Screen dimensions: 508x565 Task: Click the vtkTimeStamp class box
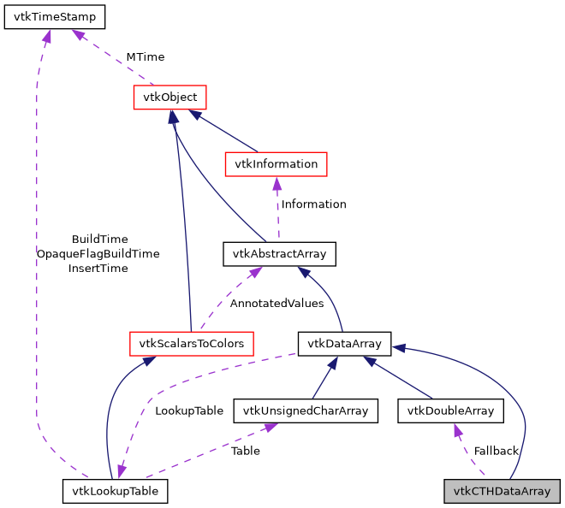(x=55, y=17)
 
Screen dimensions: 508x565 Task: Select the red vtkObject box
(x=170, y=97)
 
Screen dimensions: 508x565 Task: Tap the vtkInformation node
(x=276, y=163)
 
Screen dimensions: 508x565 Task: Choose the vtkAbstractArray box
(x=279, y=254)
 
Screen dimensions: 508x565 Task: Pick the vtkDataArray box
(x=344, y=344)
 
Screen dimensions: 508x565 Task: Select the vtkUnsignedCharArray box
(x=306, y=411)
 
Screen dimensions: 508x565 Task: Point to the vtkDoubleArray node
(x=450, y=411)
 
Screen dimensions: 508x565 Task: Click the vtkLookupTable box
(x=115, y=491)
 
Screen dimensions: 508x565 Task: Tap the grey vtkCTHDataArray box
(x=502, y=491)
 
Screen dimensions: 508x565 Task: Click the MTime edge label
(x=145, y=56)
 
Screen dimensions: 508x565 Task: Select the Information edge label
(x=313, y=204)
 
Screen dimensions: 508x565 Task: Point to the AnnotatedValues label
(x=277, y=303)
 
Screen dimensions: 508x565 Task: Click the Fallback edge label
(x=497, y=451)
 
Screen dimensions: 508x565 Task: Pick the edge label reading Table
(x=246, y=451)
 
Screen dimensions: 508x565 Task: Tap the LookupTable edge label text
(x=188, y=411)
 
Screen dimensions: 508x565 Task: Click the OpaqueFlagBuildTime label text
(x=98, y=254)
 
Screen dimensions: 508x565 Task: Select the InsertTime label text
(x=98, y=269)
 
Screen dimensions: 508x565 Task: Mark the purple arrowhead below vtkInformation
(x=277, y=183)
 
